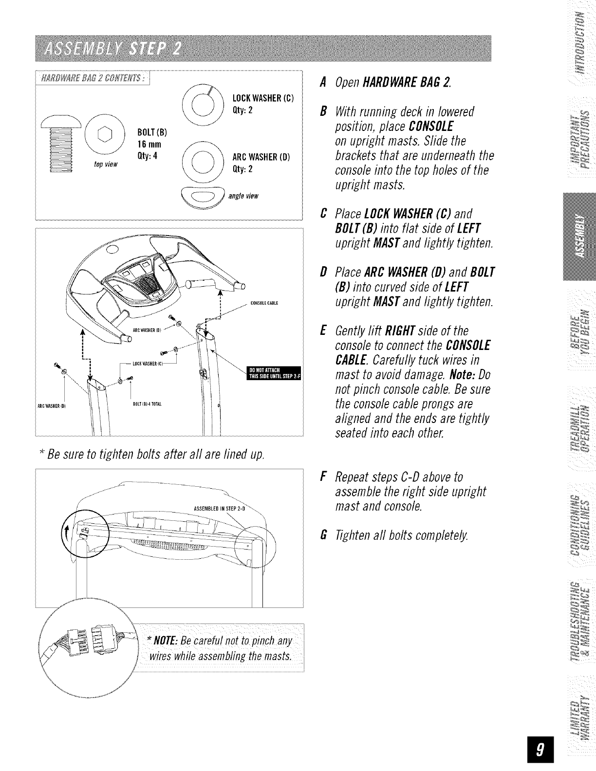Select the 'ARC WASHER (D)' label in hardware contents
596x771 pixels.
coord(262,157)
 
